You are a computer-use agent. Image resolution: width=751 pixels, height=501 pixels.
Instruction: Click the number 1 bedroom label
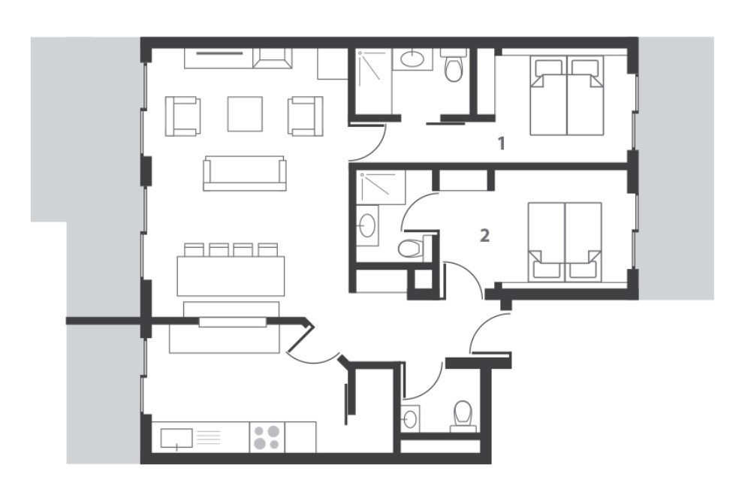point(502,143)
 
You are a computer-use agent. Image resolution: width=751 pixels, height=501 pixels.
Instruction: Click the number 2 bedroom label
point(484,236)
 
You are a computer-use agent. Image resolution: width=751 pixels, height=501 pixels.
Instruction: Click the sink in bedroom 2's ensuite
point(367,225)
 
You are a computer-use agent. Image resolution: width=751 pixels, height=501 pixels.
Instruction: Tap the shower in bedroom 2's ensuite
point(382,187)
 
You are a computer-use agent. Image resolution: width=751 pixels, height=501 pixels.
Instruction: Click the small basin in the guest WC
point(411,418)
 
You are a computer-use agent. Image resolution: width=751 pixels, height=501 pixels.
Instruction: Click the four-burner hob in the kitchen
point(267,437)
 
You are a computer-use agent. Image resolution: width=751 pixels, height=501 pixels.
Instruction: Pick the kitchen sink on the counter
point(176,438)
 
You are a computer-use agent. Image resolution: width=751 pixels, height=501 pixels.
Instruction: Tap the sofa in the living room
point(245,173)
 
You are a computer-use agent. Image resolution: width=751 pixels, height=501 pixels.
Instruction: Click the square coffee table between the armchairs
point(245,113)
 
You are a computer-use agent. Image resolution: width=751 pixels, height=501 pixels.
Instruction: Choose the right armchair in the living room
point(305,116)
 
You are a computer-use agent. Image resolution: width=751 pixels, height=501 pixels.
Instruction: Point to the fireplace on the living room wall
point(272,59)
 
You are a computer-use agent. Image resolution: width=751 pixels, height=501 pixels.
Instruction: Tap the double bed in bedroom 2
point(565,242)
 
